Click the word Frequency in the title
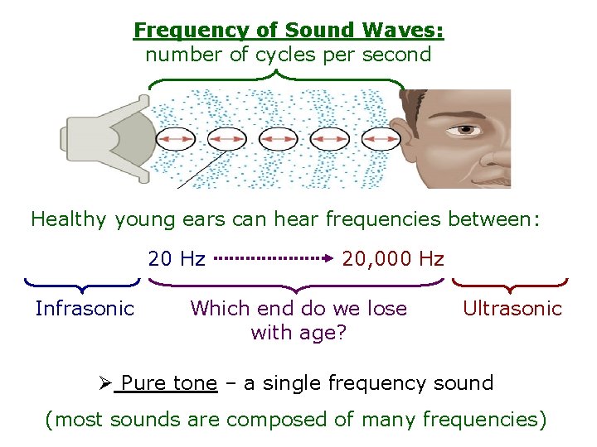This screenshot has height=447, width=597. (x=177, y=31)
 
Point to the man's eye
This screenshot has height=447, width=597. (x=467, y=130)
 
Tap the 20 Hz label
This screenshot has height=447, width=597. (x=177, y=259)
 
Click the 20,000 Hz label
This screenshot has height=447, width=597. (x=393, y=259)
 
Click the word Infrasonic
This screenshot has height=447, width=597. (x=85, y=309)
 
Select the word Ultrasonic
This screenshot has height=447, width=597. (x=512, y=309)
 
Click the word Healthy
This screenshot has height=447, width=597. (x=69, y=219)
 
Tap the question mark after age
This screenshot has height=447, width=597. (x=340, y=334)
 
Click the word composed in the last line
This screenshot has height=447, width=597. (x=270, y=420)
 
